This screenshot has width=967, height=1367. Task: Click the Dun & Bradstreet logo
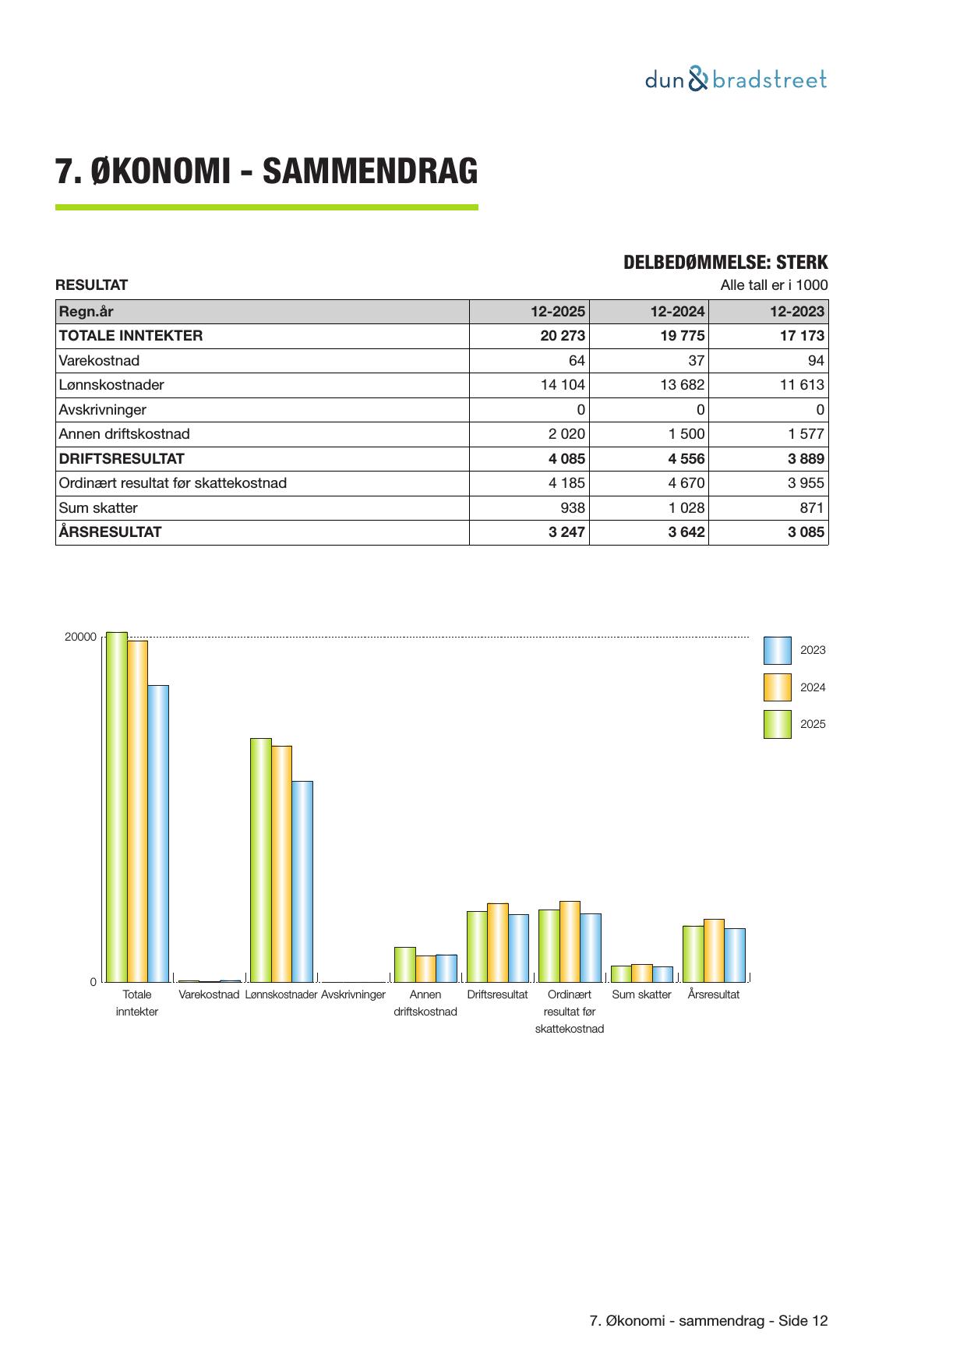coord(736,79)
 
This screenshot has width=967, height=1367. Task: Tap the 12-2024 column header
coord(677,312)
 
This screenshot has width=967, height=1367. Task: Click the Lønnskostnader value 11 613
coord(801,385)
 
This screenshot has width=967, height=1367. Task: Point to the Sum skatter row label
coord(98,508)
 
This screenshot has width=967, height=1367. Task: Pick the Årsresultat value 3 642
coord(686,532)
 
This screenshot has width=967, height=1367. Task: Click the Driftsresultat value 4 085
coord(566,459)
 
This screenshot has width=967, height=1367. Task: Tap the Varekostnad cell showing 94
coord(816,361)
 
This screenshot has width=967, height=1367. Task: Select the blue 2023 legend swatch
coord(777,650)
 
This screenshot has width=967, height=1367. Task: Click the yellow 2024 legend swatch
coord(777,687)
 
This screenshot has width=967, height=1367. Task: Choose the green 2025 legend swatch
coord(777,724)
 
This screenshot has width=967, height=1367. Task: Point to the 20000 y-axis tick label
coord(80,638)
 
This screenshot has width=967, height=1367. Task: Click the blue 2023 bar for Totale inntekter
coord(158,833)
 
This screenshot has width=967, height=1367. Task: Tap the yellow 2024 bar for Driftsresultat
coord(497,942)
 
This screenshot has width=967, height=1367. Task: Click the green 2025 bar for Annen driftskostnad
coord(404,964)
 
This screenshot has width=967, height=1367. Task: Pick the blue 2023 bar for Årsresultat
coord(735,955)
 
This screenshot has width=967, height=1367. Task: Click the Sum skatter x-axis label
coord(641,995)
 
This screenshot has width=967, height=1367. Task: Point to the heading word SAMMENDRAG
coord(369,171)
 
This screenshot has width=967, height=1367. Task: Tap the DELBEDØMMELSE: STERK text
coord(725,263)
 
